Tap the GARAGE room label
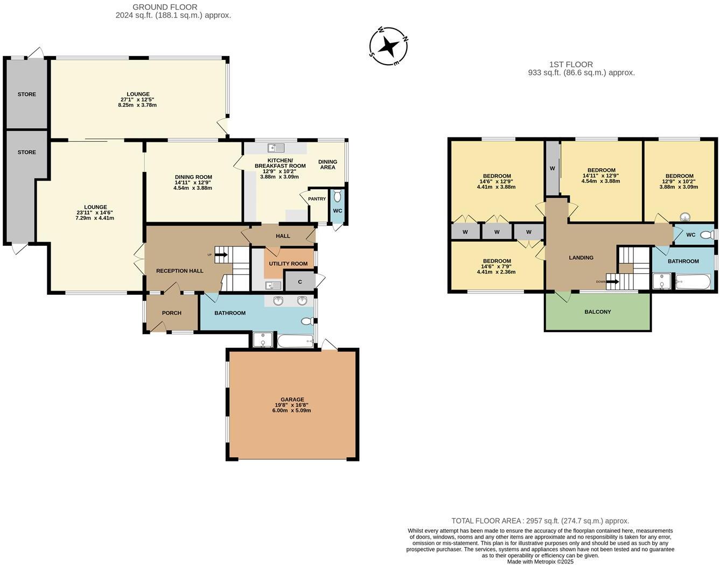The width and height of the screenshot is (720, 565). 292,399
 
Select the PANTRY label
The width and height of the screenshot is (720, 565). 317,199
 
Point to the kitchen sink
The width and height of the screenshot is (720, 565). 276,147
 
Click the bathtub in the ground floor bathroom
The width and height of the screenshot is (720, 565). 295,341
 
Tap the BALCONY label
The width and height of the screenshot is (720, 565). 597,312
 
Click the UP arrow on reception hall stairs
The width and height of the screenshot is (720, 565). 221,255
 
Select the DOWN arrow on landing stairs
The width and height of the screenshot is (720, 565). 612,281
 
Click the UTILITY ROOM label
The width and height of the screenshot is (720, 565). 288,264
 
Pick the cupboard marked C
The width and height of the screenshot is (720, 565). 300,282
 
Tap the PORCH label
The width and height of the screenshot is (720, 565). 171,313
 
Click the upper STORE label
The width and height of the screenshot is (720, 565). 27,94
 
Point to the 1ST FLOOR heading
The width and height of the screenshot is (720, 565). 570,64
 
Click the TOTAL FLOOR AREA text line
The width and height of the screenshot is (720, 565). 540,521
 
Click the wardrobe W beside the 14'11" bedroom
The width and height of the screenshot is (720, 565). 552,168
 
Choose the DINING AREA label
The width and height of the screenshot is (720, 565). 327,164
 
